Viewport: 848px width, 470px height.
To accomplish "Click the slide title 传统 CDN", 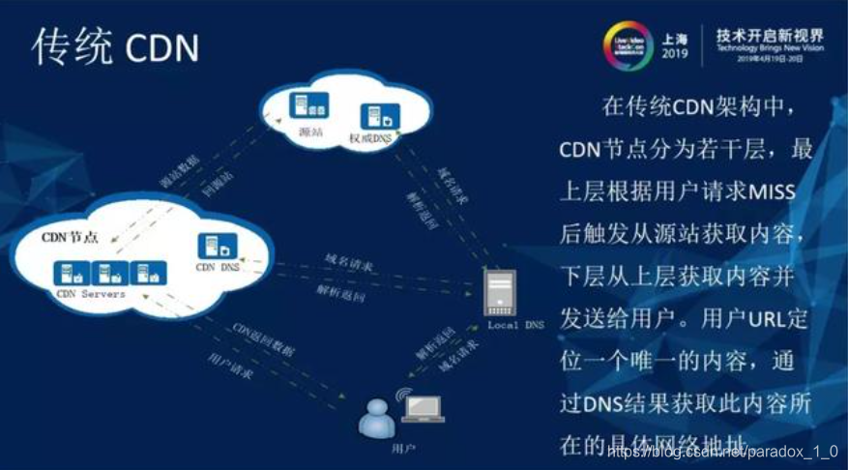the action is pyautogui.click(x=114, y=45).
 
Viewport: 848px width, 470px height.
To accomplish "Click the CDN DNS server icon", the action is pyautogui.click(x=213, y=247).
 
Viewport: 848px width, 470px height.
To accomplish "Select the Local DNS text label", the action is pyautogui.click(x=515, y=326).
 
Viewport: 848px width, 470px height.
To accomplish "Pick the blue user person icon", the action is pyautogui.click(x=376, y=417).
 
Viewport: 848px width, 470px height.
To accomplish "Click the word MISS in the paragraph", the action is pyautogui.click(x=771, y=191).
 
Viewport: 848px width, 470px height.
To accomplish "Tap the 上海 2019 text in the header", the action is pyautogui.click(x=674, y=45).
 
